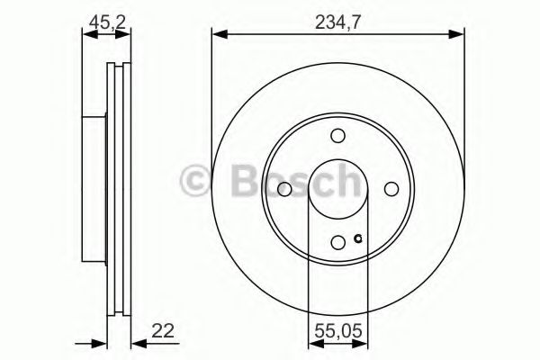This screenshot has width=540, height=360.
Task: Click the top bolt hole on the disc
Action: (x=338, y=136)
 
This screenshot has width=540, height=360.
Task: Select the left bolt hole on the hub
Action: (x=284, y=189)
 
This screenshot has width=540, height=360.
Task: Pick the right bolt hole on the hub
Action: (x=391, y=189)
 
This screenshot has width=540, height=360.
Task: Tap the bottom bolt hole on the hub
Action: (x=338, y=242)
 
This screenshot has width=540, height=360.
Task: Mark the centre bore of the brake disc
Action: (x=338, y=189)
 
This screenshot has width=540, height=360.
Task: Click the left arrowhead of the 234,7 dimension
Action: (x=218, y=35)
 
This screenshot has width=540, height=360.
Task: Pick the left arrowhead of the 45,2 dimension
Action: (x=87, y=35)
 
